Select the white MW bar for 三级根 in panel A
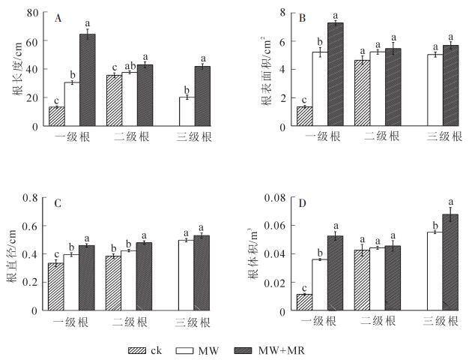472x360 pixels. click(x=186, y=112)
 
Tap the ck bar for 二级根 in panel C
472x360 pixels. click(x=113, y=283)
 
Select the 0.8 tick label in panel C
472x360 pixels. click(x=30, y=198)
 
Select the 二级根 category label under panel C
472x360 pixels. click(x=130, y=321)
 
